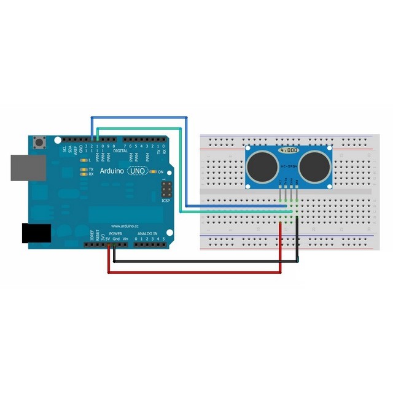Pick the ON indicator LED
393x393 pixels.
[153, 172]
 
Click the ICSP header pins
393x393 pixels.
[166, 189]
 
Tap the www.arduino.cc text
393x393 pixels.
[125, 225]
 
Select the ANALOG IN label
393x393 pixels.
[147, 234]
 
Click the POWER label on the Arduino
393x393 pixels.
[115, 234]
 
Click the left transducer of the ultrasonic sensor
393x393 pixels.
[263, 164]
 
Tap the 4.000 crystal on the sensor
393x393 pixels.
[289, 150]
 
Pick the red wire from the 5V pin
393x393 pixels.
[196, 272]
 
